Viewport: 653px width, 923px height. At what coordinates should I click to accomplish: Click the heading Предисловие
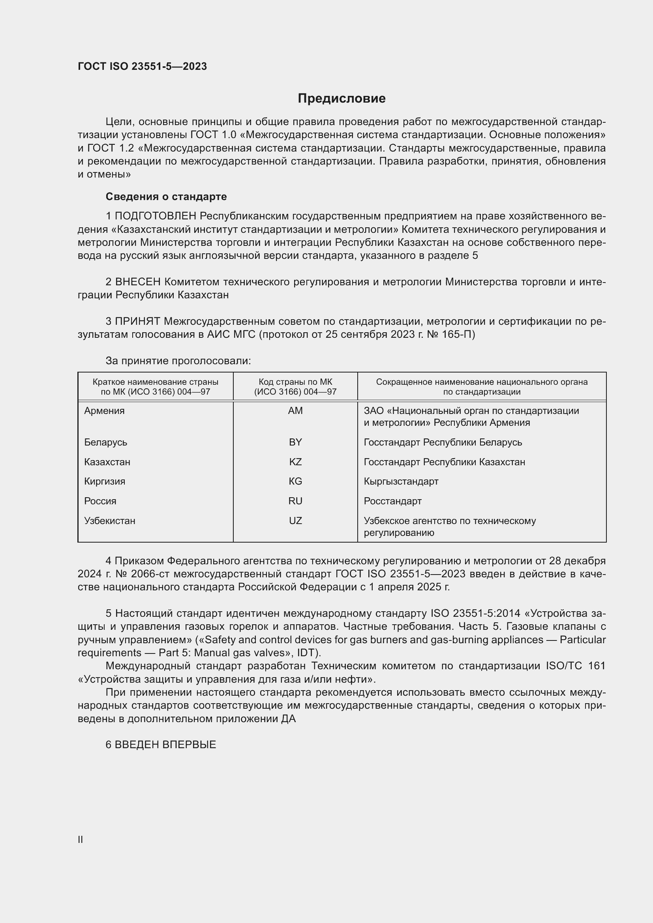point(342,99)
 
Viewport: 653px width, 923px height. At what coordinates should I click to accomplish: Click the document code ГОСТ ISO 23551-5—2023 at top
point(143,66)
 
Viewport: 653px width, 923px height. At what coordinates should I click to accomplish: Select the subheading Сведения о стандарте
point(166,197)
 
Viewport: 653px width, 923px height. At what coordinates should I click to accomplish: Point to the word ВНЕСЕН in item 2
point(138,282)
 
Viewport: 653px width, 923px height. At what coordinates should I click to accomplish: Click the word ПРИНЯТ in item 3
point(138,321)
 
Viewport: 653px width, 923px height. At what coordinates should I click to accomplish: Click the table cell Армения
point(105,411)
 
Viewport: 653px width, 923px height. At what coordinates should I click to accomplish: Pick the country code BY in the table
point(295,442)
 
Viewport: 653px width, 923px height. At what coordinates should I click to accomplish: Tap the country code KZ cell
point(295,462)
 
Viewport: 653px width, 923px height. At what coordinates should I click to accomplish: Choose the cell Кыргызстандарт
point(401,481)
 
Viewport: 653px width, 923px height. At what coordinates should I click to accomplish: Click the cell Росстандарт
point(392,501)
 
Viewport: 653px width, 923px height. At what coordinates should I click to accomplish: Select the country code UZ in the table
point(295,521)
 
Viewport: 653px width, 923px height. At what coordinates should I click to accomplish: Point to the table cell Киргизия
point(105,481)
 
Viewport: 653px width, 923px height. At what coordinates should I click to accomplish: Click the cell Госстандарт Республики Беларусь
point(443,442)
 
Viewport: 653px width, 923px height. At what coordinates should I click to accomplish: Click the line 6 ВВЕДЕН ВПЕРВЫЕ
point(161,745)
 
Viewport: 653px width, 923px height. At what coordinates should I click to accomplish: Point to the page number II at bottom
point(81,839)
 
